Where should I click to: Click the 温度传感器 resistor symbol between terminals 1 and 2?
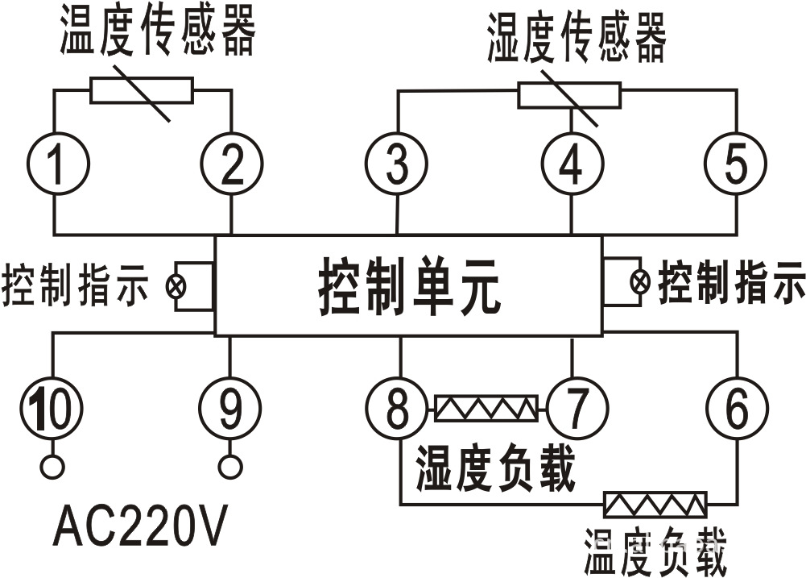pos(142,91)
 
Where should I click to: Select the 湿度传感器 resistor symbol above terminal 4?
pos(569,95)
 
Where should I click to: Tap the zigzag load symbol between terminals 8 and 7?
pos(486,409)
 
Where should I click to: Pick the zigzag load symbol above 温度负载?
pos(655,505)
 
